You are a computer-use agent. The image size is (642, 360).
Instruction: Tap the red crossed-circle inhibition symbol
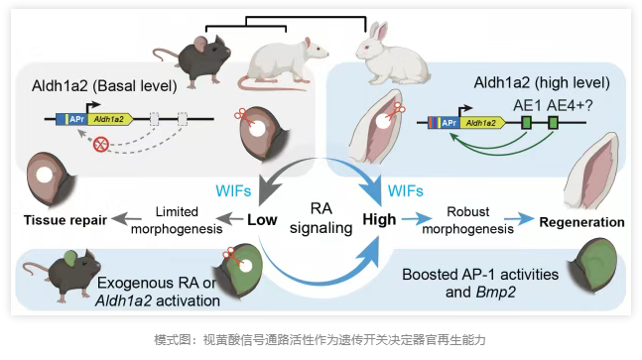[101, 144]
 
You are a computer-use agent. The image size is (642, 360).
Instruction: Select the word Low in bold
[262, 220]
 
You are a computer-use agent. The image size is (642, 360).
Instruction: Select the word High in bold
[379, 220]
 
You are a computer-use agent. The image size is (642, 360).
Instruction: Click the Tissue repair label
[65, 220]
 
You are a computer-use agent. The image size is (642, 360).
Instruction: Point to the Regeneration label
[581, 222]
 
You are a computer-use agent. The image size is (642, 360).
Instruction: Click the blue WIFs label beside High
[406, 191]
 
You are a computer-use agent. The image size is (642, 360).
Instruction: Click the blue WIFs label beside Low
[233, 191]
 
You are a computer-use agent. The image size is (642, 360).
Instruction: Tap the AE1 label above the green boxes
[527, 105]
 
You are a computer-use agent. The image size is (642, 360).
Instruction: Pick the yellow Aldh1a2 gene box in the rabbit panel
[482, 123]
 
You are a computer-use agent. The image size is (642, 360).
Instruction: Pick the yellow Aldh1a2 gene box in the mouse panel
[110, 119]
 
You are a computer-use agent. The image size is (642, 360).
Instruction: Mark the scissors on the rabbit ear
[396, 110]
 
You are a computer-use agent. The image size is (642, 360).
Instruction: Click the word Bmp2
[496, 293]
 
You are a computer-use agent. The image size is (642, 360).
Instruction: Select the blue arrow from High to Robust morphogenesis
[416, 220]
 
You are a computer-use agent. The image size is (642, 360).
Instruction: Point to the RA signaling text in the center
[321, 218]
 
